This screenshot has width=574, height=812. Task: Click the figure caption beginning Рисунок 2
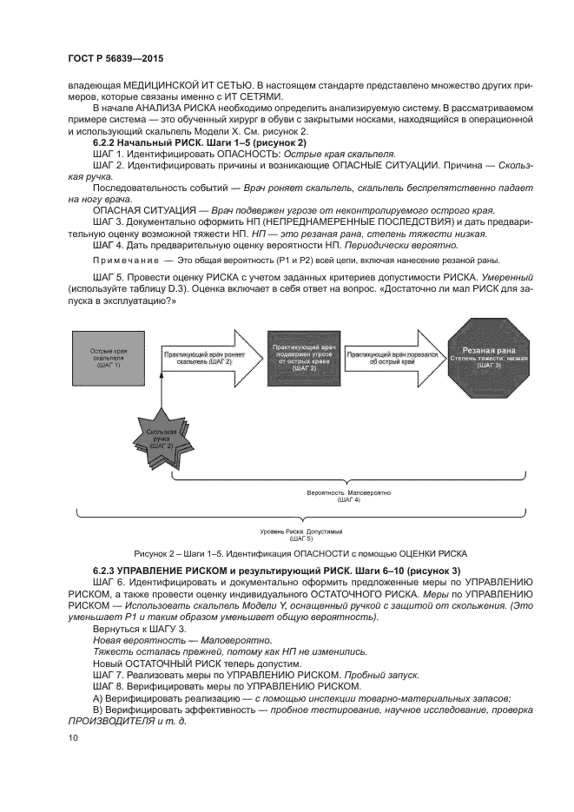click(x=300, y=552)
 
